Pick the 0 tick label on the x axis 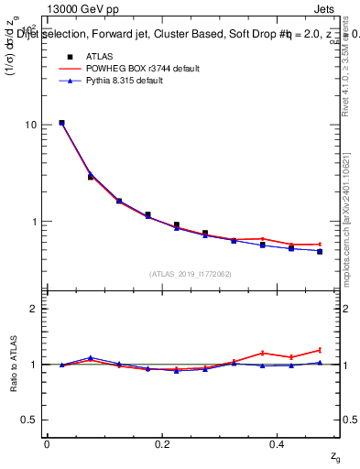tap(47, 444)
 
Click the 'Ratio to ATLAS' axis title tap(13, 365)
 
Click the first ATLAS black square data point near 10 tap(61, 123)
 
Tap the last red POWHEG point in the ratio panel tap(320, 350)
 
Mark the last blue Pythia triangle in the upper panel tap(320, 251)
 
